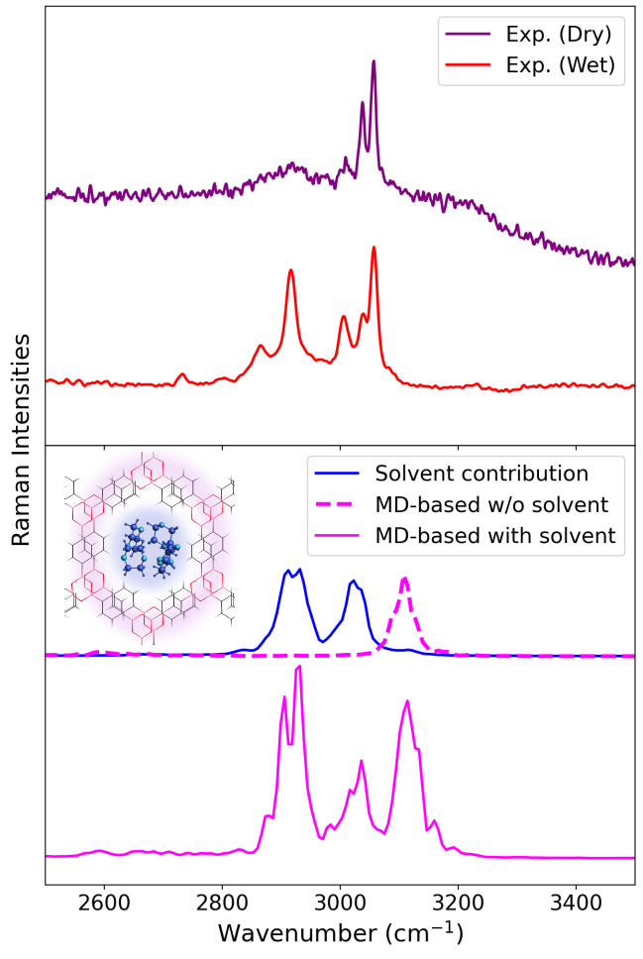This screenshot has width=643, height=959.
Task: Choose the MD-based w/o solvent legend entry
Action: pos(494,504)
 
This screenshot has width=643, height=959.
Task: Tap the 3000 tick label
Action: pos(340,903)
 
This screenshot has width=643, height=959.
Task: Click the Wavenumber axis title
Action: pos(340,933)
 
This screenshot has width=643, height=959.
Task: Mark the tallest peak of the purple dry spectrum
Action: pos(374,61)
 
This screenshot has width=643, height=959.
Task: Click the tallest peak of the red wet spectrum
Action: pos(374,248)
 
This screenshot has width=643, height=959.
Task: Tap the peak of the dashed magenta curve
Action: pos(404,578)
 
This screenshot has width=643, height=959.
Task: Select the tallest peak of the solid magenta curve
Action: pos(298,668)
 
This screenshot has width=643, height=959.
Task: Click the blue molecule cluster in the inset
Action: pos(151,559)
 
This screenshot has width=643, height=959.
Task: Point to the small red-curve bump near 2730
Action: pos(182,374)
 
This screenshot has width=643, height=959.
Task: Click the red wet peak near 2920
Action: pos(291,270)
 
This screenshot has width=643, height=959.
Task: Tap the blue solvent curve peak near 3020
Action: pos(352,582)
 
